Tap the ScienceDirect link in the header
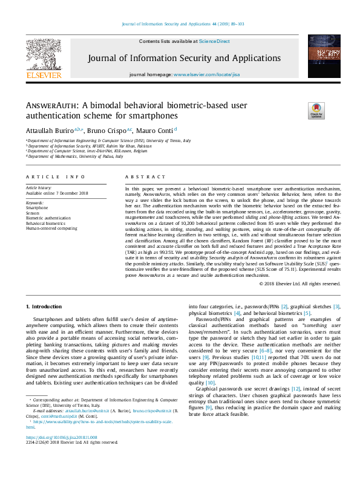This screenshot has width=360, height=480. [x=214, y=41]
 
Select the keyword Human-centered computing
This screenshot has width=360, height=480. [x=51, y=229]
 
